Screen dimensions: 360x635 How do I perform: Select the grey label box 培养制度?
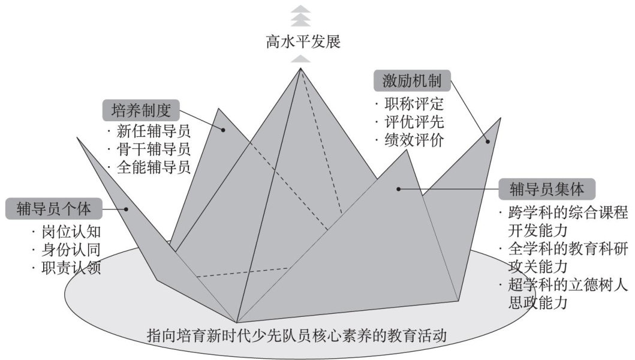click(x=142, y=111)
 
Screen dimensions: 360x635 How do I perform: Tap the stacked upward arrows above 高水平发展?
click(x=300, y=17)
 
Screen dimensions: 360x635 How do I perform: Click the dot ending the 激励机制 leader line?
click(x=487, y=142)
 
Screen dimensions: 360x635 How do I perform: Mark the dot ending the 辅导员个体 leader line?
click(x=126, y=209)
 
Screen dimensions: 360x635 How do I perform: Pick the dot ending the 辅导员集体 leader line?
click(x=398, y=189)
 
